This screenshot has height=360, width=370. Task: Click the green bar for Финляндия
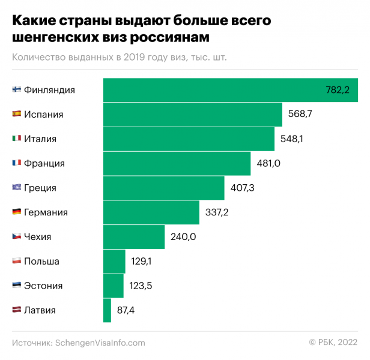click(230, 90)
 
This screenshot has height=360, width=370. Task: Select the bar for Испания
click(192, 115)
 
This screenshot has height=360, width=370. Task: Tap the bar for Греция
click(163, 188)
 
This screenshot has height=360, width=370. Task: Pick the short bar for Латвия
click(107, 310)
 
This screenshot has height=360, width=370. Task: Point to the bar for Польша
click(114, 262)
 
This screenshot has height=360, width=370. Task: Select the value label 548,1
click(292, 139)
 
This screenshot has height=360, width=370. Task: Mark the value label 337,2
click(217, 212)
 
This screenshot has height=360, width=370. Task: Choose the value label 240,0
click(183, 237)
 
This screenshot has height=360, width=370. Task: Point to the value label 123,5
click(141, 286)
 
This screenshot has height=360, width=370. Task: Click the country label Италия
click(40, 139)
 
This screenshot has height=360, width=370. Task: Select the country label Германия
click(46, 212)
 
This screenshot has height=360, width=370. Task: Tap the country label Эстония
click(43, 286)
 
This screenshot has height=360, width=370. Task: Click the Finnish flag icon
click(17, 90)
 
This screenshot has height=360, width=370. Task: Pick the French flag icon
click(17, 163)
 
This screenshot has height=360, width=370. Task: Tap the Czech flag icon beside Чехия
click(17, 237)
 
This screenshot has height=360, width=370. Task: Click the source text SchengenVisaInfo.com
click(100, 343)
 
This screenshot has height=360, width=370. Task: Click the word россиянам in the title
click(169, 37)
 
